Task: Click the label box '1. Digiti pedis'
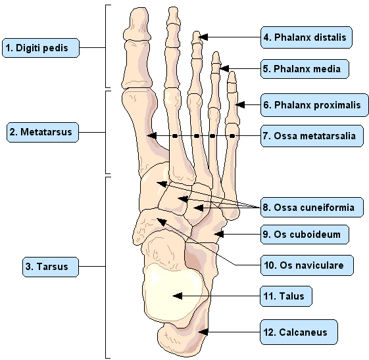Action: point(41,48)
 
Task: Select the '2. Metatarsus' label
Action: point(43,132)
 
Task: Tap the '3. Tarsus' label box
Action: point(51,267)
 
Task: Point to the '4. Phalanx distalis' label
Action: point(307,37)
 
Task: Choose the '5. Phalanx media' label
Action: point(305,69)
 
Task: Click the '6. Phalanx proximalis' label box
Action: point(314,105)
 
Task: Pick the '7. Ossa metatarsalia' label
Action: point(312,136)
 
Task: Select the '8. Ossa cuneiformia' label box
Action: point(312,207)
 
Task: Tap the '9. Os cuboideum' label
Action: point(305,235)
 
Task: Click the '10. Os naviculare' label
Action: point(307,265)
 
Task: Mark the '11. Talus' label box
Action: point(286,296)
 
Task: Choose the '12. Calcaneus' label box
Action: point(299,332)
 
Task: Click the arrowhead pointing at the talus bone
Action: point(178,296)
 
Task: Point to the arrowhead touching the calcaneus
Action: point(203,332)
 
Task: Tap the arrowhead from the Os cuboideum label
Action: point(218,235)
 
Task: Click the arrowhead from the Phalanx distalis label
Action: point(203,37)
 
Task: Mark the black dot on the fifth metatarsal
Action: point(232,136)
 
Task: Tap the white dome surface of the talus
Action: point(173,292)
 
